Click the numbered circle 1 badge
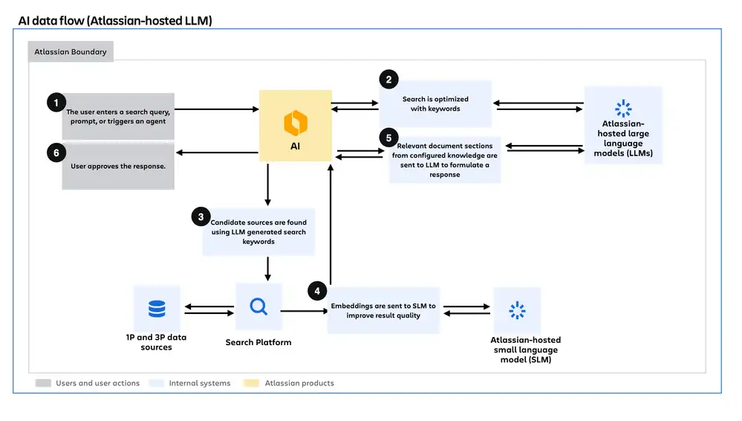tap(56, 103)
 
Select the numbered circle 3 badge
tap(201, 217)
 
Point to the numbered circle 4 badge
tap(318, 291)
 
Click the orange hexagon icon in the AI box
tap(295, 120)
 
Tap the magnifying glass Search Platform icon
tap(258, 306)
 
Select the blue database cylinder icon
tap(157, 309)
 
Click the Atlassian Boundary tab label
tap(71, 52)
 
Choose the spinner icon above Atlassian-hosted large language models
tap(623, 109)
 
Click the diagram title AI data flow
tap(115, 21)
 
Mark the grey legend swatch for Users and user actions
tap(43, 383)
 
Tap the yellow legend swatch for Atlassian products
tap(252, 383)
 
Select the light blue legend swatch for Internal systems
tap(157, 383)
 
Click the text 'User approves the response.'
tap(118, 166)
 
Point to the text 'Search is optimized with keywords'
tap(435, 103)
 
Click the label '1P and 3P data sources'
tap(156, 342)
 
